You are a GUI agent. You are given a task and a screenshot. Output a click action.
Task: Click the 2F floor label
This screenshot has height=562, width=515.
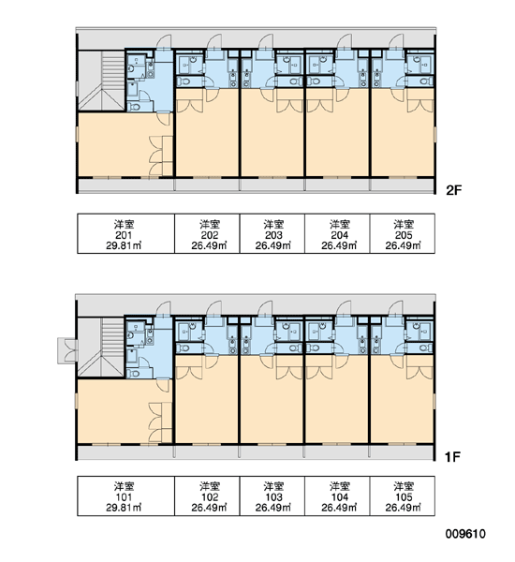tap(453, 190)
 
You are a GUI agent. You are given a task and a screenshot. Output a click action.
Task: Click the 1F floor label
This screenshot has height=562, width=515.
tap(452, 457)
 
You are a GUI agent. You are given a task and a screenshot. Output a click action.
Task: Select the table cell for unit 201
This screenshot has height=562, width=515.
tap(125, 233)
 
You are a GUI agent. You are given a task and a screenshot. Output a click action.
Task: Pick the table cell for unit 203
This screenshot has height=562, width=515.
tap(272, 233)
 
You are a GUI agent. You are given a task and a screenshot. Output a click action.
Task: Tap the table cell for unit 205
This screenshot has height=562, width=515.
tap(403, 233)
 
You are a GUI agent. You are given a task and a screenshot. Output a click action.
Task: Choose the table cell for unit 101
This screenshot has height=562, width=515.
tap(125, 496)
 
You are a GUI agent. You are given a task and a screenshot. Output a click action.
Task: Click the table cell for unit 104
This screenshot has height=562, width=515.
tap(337, 496)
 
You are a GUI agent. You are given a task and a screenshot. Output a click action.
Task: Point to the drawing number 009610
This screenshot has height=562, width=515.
tap(465, 534)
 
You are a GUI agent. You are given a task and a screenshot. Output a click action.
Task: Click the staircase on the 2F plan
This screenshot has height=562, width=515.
tap(101, 81)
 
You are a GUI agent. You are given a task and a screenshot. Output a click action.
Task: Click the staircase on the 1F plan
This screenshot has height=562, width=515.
tap(101, 347)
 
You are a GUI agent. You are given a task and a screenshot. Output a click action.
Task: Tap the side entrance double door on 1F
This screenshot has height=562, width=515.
tap(67, 350)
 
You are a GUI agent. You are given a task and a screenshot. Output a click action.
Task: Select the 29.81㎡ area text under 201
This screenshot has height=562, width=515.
tap(124, 245)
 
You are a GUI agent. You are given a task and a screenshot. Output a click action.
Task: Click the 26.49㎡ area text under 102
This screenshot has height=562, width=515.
tap(209, 508)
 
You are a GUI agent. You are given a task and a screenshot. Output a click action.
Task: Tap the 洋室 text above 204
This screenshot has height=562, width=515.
tap(339, 225)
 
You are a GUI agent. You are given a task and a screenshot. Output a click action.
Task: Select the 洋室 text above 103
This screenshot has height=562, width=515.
tap(273, 486)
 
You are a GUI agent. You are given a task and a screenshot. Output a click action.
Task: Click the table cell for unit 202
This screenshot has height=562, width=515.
tap(207, 233)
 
